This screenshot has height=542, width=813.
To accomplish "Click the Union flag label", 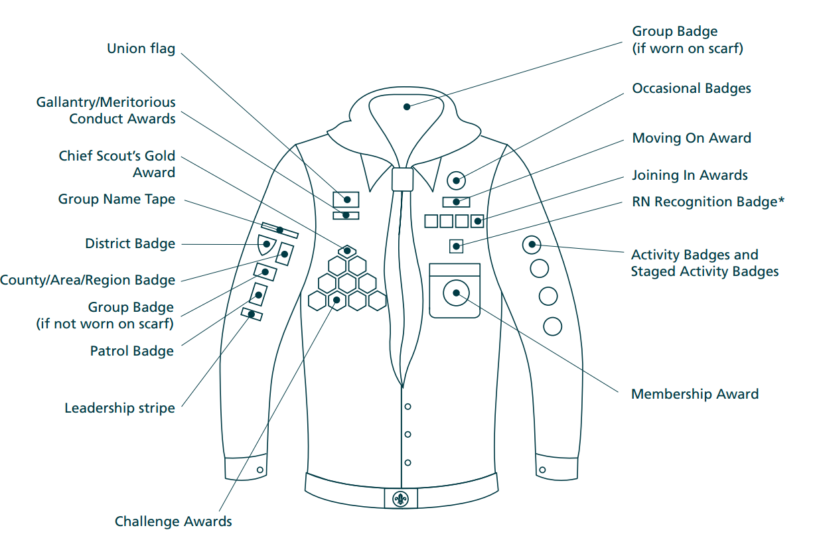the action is tap(141, 48).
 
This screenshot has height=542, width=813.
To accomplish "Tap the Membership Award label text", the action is tap(695, 393).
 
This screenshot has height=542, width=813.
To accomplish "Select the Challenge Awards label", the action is tap(173, 521).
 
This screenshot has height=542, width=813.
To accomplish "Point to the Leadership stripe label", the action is tap(119, 408).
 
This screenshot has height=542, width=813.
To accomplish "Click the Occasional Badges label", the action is tap(692, 88).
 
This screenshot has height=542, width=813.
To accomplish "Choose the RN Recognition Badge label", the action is tap(708, 202).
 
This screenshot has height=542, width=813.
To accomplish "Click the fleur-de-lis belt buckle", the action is tap(401, 499).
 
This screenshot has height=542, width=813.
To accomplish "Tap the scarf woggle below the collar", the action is tap(402, 179).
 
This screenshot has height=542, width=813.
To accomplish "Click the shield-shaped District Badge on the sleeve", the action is tap(266, 245).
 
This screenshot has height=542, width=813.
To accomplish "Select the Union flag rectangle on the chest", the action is tap(346, 200).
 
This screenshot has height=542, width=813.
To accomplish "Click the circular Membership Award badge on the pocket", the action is tap(456, 293).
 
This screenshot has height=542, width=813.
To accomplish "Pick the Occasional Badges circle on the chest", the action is tap(456, 180).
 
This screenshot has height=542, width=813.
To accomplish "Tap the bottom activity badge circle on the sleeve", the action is tap(552, 326).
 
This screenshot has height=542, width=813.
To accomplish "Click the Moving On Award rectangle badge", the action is tap(456, 202).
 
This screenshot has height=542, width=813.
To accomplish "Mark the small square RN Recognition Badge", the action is tap(456, 246).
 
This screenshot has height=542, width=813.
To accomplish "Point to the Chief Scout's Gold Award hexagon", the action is tap(347, 251).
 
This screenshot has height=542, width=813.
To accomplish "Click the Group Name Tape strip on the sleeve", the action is tap(280, 230).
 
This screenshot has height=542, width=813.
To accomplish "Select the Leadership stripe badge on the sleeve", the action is tap(252, 314).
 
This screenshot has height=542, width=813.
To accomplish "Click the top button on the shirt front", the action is tap(407, 407).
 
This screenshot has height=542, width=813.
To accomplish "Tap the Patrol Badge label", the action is tap(132, 351).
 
